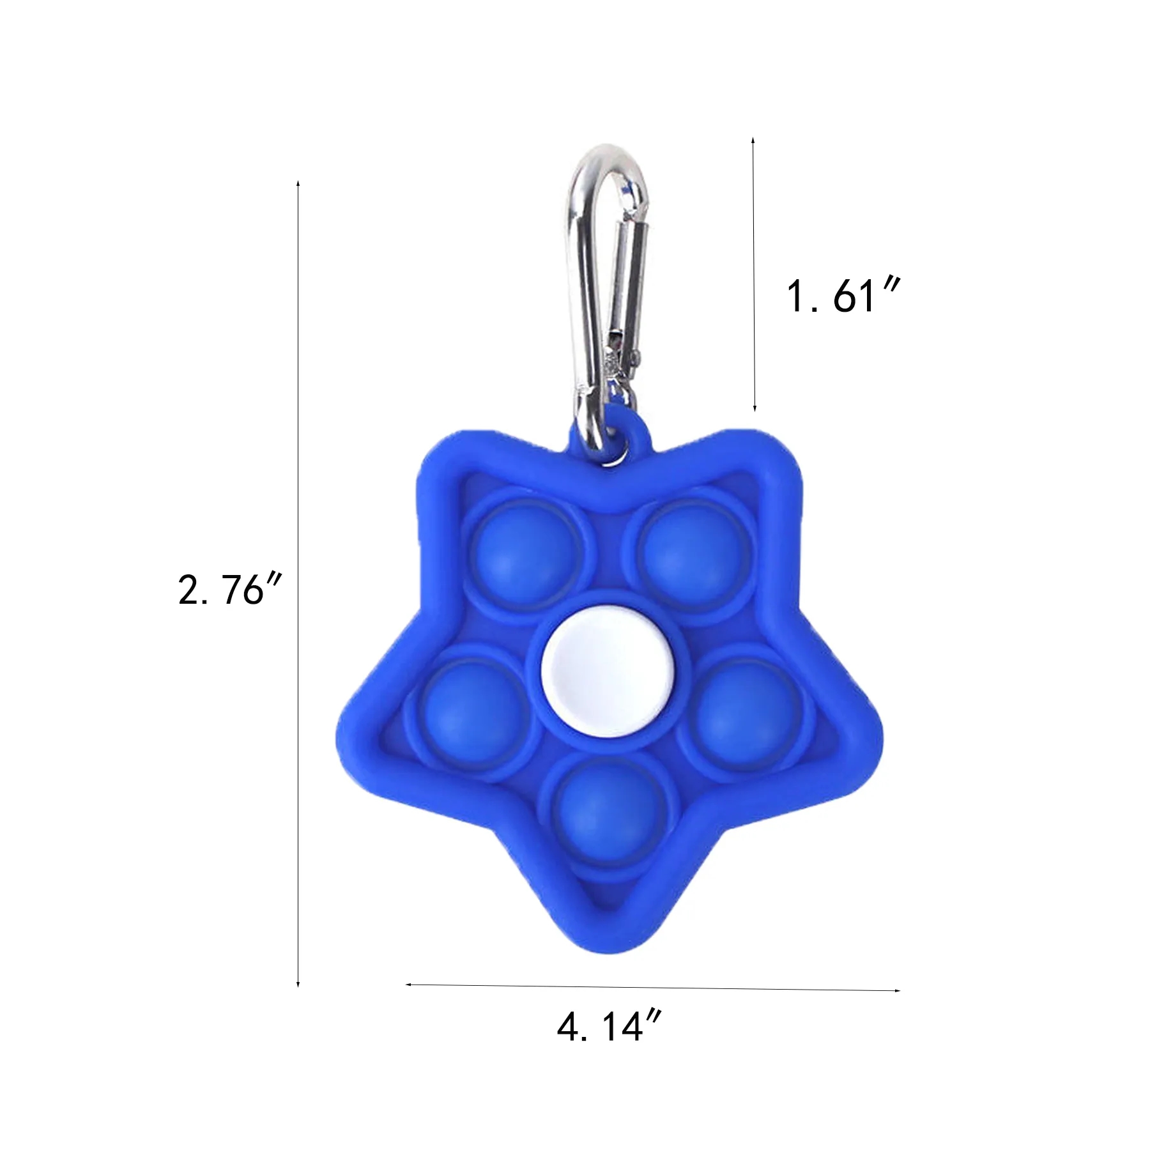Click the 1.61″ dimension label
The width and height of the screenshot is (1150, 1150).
[x=843, y=296]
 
